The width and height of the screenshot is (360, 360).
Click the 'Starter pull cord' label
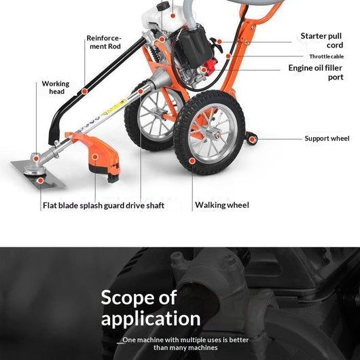click(322, 40)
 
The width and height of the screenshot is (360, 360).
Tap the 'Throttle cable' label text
click(326, 56)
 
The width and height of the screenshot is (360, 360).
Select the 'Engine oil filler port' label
click(316, 72)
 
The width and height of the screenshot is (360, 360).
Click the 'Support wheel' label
click(327, 139)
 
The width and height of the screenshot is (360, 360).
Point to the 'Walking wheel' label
click(222, 205)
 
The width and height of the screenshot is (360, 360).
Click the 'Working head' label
click(56, 88)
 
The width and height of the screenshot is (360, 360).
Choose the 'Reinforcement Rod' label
click(104, 42)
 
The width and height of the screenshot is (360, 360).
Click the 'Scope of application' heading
click(150, 308)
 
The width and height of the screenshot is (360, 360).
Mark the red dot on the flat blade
click(40, 181)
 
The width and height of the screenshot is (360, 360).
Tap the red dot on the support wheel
click(252, 139)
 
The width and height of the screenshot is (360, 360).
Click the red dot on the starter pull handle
click(219, 42)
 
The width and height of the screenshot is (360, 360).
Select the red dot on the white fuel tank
click(173, 16)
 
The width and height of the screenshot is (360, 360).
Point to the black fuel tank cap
click(163, 5)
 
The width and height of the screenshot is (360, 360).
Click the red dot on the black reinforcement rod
click(84, 92)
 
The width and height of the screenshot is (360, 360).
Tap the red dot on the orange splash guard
click(95, 157)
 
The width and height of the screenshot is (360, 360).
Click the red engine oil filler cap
click(211, 66)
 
